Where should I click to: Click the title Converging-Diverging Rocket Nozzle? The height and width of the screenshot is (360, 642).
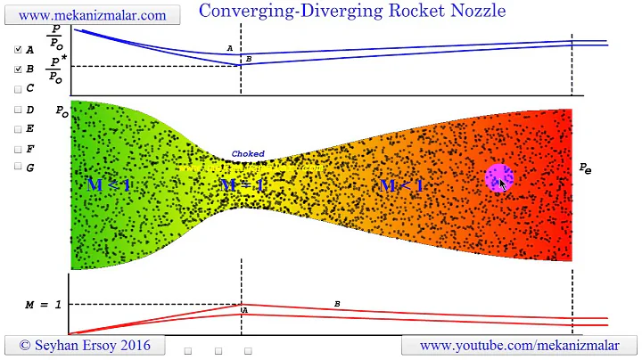pos(351,11)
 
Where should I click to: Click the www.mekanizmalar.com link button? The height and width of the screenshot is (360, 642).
pos(92,15)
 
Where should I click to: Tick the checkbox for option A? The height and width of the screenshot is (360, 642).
pos(19,50)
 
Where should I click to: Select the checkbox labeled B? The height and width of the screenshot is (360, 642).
pos(19,69)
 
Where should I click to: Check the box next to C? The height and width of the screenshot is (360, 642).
pos(19,89)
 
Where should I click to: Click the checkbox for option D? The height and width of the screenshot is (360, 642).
pos(19,110)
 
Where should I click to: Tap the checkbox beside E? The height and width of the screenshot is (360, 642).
pos(19,128)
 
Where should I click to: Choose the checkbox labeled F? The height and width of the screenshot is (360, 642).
pos(19,148)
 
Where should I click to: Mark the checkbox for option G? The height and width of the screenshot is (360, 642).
pos(19,167)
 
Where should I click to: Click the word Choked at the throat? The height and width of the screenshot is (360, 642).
pos(248,154)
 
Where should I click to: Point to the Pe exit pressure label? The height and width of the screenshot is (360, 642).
pos(585,168)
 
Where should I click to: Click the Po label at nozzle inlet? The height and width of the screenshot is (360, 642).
pos(62,111)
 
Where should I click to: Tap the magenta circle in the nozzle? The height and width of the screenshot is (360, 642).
pos(498,177)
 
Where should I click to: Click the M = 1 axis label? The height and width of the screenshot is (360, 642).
pos(43,305)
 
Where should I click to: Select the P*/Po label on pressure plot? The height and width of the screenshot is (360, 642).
pos(56,68)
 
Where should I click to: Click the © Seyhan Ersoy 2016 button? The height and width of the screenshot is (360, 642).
pos(85,345)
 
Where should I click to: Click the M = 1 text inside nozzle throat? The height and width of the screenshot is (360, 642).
pos(243,185)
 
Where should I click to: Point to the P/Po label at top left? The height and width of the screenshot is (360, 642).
pos(56,35)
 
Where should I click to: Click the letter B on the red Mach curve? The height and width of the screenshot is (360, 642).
pos(337,304)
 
